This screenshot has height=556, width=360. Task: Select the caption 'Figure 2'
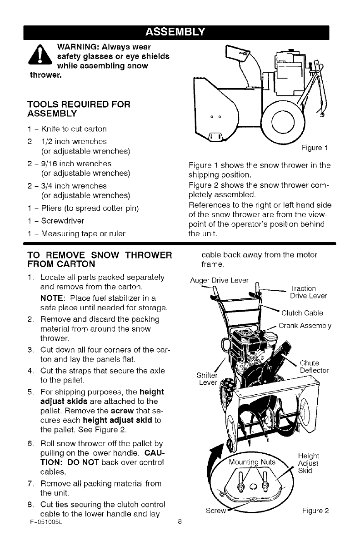tap(315, 510)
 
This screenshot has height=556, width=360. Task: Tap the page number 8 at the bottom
tap(180, 522)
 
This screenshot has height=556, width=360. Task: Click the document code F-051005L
tap(44, 522)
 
